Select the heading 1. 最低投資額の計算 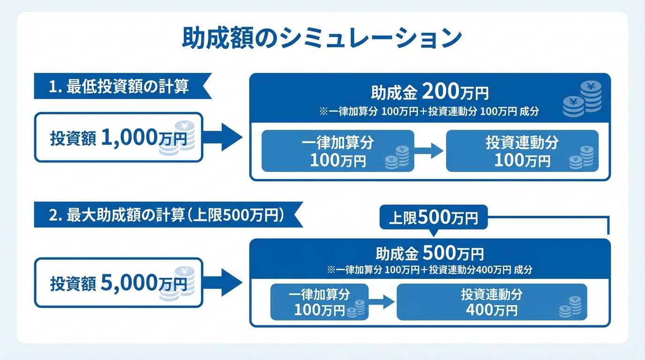(119, 86)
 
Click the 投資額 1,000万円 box (118, 137)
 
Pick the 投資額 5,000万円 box (118, 283)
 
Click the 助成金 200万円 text (429, 93)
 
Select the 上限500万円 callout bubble (433, 218)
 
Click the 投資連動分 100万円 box (522, 151)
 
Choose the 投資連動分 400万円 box (491, 302)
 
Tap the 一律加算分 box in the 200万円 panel (337, 151)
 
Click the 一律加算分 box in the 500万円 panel (319, 302)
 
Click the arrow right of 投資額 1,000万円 (223, 137)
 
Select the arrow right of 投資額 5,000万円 (223, 283)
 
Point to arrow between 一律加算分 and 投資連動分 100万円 (428, 150)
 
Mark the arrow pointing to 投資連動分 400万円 (382, 302)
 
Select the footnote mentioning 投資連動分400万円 (429, 270)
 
